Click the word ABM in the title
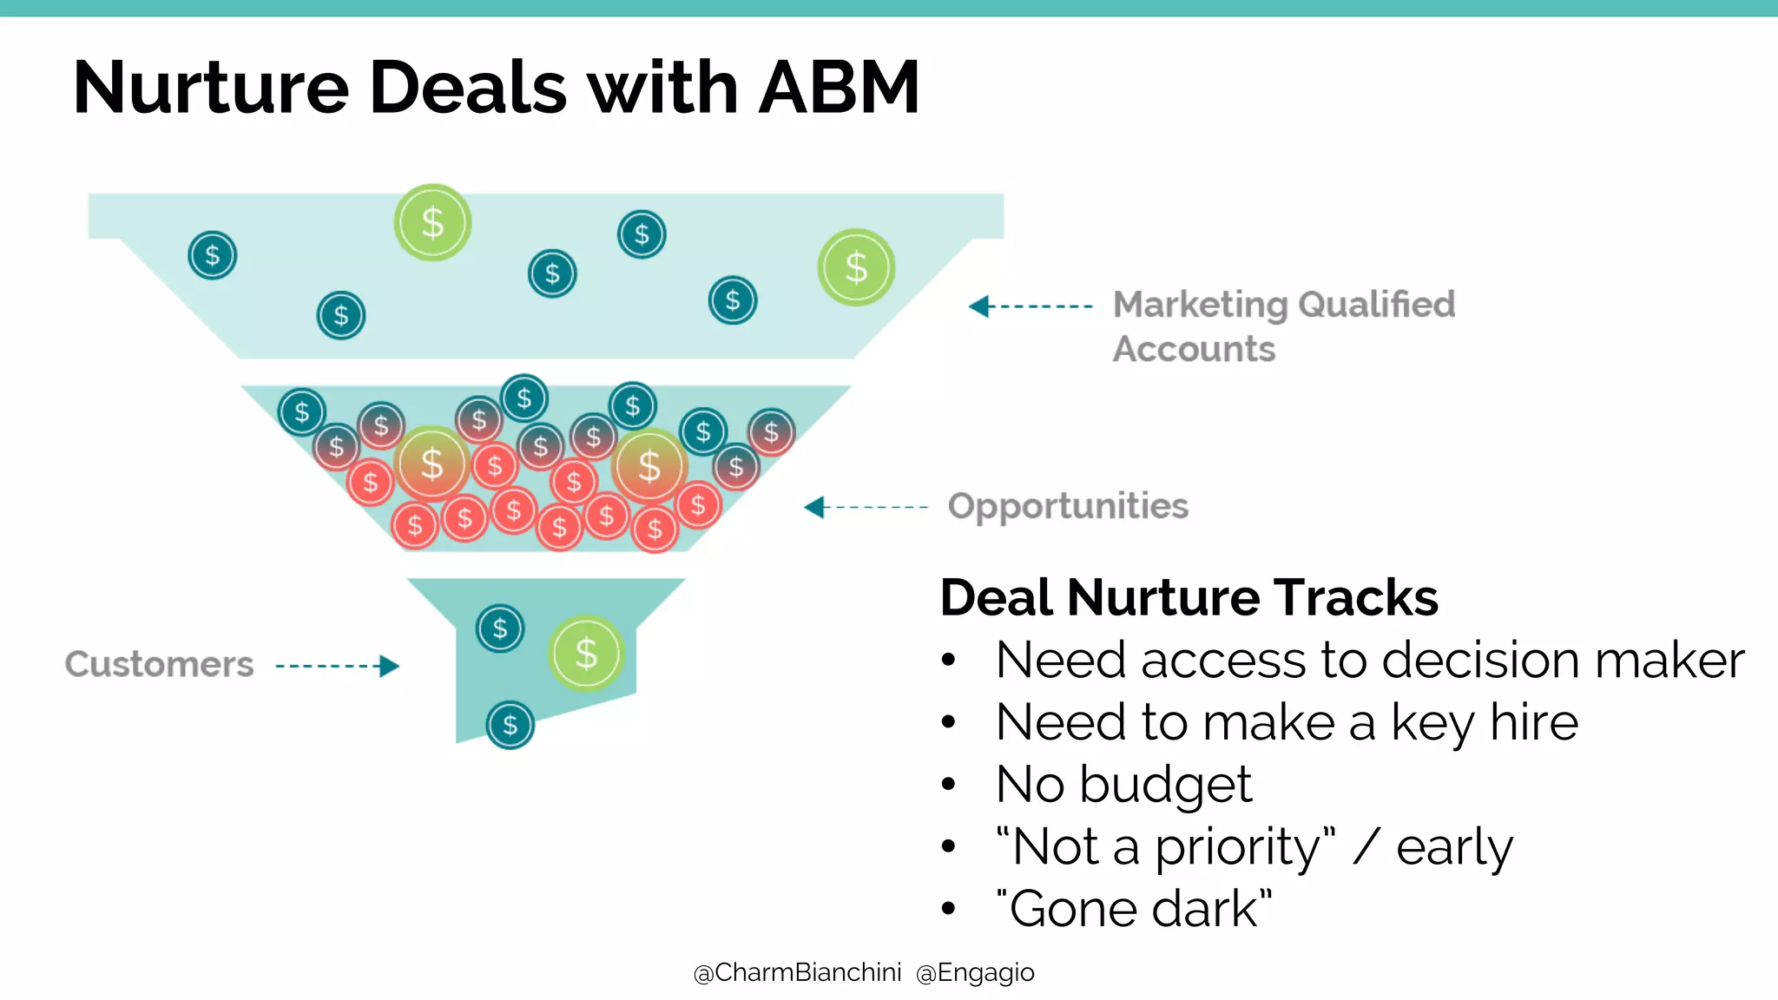pyautogui.click(x=838, y=88)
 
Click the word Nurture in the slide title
pyautogui.click(x=211, y=88)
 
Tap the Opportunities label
pyautogui.click(x=1068, y=506)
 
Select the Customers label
pyautogui.click(x=159, y=665)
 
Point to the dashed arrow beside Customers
pyautogui.click(x=337, y=666)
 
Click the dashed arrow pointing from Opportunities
pyautogui.click(x=866, y=507)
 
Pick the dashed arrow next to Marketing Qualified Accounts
pyautogui.click(x=1031, y=306)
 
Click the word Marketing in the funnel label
pyautogui.click(x=1201, y=305)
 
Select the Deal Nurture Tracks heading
pyautogui.click(x=1189, y=597)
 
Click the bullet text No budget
pyautogui.click(x=1123, y=785)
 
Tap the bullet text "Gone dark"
pyautogui.click(x=1134, y=909)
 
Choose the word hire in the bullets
pyautogui.click(x=1533, y=722)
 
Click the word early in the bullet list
pyautogui.click(x=1454, y=847)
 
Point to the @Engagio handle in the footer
pyautogui.click(x=975, y=972)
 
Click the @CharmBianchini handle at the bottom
pyautogui.click(x=797, y=972)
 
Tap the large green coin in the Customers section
pyautogui.click(x=587, y=654)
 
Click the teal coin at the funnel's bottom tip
pyautogui.click(x=510, y=725)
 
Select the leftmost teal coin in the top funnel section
pyautogui.click(x=213, y=255)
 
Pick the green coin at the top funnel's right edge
pyautogui.click(x=856, y=267)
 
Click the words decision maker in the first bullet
pyautogui.click(x=1563, y=661)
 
